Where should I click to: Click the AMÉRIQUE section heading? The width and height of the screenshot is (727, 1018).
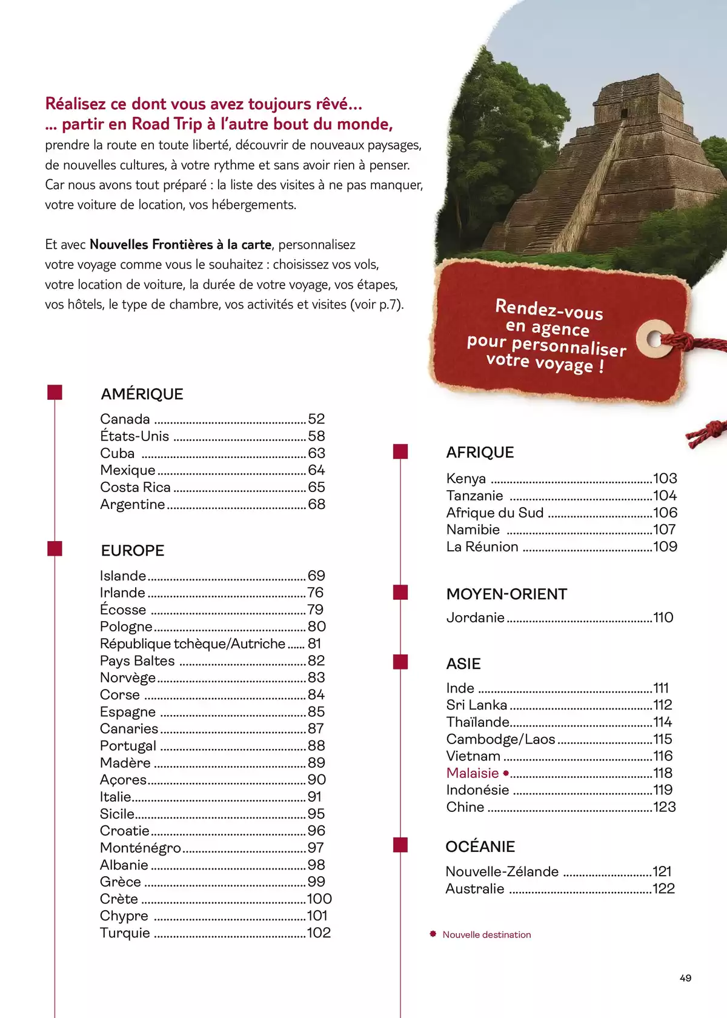coord(142,394)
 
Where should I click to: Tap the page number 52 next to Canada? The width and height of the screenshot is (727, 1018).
coord(316,419)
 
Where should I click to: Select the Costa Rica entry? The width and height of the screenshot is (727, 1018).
coord(135,487)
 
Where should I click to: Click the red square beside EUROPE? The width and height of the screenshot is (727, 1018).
coord(55,548)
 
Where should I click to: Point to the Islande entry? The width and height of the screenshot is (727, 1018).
coord(123,576)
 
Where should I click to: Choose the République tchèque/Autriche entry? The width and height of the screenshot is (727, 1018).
coord(192,644)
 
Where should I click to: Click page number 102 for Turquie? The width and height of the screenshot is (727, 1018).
coord(319,933)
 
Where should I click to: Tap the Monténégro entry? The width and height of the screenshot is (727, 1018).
coord(140,848)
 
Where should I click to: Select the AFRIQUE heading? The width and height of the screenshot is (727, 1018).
coord(480,453)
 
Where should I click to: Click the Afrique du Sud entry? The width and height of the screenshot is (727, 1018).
coord(494,513)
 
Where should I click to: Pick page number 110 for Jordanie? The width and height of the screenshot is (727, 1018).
coord(663,617)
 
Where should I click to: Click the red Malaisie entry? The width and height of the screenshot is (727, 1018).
coord(473,773)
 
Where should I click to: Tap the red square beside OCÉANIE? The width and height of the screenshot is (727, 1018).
coord(400,845)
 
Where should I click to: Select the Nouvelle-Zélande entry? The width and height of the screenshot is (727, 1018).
coord(502,872)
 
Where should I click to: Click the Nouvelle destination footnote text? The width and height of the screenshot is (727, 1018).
coord(486,935)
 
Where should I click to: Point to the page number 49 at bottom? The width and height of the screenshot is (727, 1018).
coord(685,978)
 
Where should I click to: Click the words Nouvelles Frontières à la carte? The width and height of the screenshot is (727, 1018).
coord(181,245)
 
